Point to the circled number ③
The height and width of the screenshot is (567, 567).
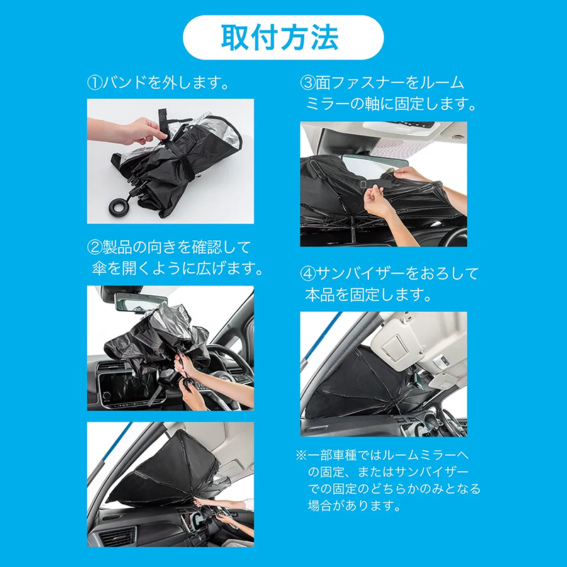[x=308, y=83]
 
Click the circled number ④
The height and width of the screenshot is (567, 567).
[x=308, y=273]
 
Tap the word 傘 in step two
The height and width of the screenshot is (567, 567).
[x=96, y=269]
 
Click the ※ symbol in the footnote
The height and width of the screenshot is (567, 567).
[x=301, y=455]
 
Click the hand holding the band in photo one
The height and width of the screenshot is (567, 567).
[x=138, y=131]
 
